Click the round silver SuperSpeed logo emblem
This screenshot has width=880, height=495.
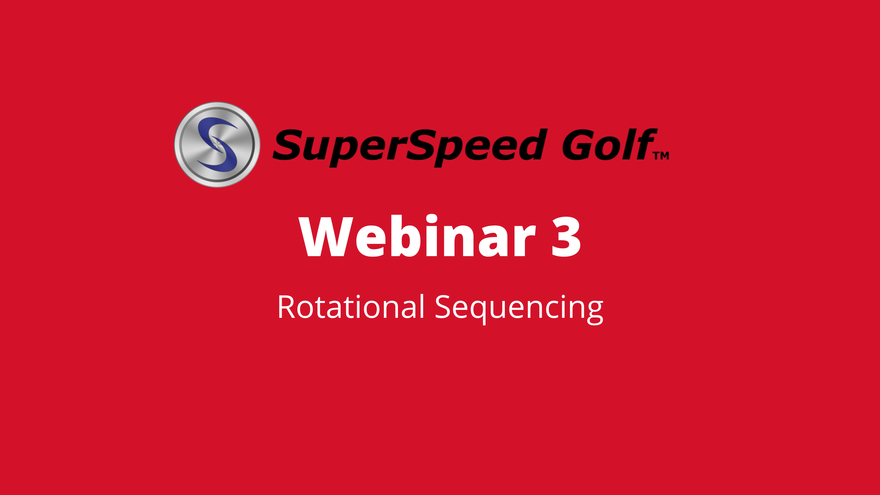[x=217, y=145]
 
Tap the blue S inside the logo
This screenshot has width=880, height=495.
[x=218, y=145]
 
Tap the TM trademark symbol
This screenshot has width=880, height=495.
[x=662, y=156]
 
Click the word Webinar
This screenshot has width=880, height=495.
[x=417, y=236]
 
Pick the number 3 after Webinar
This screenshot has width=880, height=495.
[x=566, y=237]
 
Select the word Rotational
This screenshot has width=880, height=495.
[x=351, y=306]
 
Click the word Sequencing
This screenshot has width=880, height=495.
[x=519, y=309]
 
